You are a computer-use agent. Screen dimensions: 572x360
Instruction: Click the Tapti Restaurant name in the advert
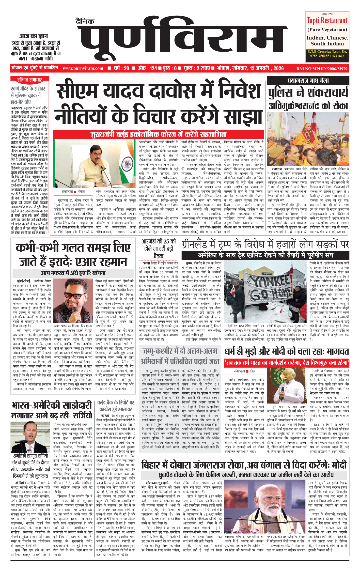tap(327, 21)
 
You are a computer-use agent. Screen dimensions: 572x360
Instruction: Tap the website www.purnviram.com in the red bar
tap(83, 68)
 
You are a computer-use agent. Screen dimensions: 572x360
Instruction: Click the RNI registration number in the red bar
tap(322, 69)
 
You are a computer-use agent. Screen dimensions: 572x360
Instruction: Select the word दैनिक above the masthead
tap(85, 21)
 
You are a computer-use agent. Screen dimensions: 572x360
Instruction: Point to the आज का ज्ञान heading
tap(34, 36)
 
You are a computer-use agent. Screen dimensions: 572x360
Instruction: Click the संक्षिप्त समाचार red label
tap(29, 80)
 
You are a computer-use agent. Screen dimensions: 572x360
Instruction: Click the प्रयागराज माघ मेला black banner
tap(308, 81)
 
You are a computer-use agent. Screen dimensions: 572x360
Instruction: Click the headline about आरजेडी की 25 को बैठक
tap(159, 249)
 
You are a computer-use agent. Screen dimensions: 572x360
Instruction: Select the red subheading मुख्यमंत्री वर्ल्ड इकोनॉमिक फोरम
tap(159, 134)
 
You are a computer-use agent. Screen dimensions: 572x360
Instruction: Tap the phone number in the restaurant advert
tap(327, 56)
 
